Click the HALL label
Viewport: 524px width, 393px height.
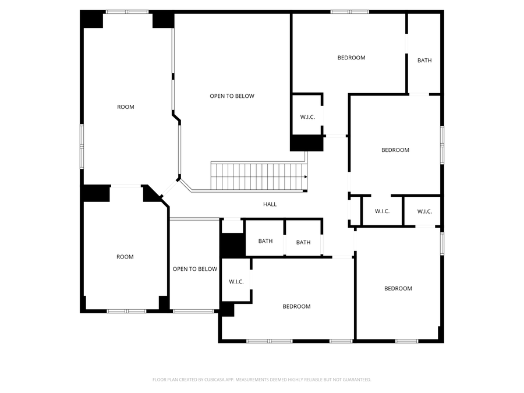[x=270, y=204]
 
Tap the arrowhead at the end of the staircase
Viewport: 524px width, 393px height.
[x=306, y=177]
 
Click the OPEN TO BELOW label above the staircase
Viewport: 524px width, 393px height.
[x=232, y=96]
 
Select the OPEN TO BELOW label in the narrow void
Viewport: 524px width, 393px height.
[x=195, y=269]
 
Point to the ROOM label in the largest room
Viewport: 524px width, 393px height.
[x=126, y=107]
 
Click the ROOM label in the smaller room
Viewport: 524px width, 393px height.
[x=125, y=257]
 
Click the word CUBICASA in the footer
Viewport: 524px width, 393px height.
[x=214, y=380]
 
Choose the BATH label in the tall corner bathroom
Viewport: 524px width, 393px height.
[x=424, y=61]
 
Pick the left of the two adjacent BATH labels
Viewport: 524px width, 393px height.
[x=265, y=241]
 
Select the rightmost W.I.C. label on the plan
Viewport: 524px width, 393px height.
[x=424, y=211]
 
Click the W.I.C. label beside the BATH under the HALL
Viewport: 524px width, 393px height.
[x=236, y=282]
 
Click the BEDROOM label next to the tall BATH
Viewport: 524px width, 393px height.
[x=351, y=58]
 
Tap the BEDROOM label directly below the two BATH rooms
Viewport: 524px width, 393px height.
[x=296, y=306]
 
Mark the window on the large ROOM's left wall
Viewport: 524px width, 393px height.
[x=82, y=146]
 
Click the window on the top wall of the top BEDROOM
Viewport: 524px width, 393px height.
[x=350, y=12]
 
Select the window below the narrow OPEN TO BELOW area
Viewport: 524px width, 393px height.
[x=193, y=311]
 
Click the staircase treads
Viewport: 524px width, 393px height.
[x=259, y=176]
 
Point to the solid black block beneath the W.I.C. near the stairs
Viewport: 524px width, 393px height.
[x=306, y=143]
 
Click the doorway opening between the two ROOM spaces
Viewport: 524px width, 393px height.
[x=126, y=186]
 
